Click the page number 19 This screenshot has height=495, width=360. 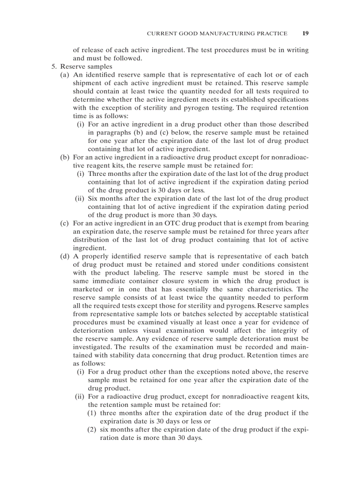pos(305,33)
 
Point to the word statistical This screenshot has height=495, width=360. pos(289,314)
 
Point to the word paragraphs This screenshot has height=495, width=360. pos(109,133)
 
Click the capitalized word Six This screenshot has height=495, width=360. pos(93,199)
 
